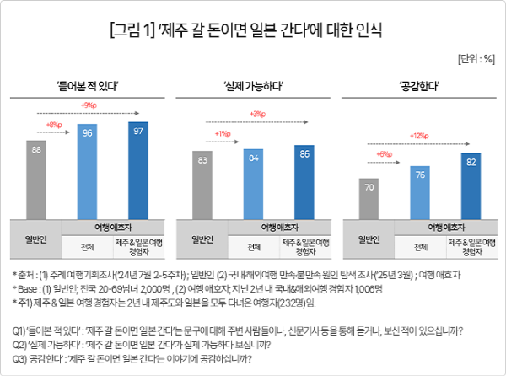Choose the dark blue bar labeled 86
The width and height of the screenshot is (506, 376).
[304, 180]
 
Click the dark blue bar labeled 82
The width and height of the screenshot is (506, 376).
[470, 187]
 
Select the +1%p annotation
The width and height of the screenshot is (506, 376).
[223, 134]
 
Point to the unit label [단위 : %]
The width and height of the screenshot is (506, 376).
[476, 60]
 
